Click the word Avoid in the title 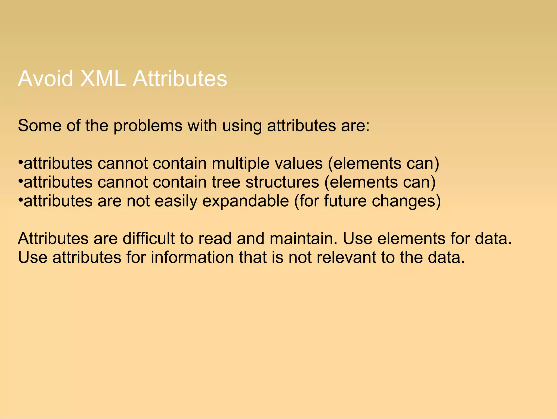coord(45,79)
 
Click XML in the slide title coord(103,79)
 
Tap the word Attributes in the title coord(180,79)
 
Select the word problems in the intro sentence coord(148,126)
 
